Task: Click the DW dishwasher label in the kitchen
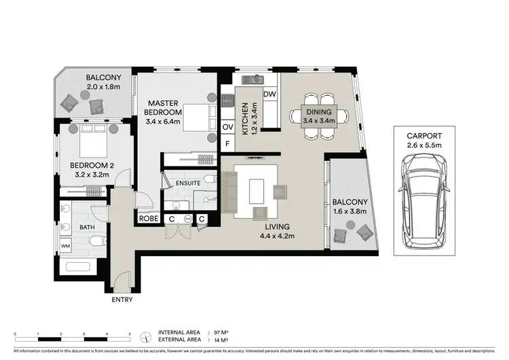269,94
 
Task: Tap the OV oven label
228,126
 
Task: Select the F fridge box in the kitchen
228,143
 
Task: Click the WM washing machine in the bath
66,244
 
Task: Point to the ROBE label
149,219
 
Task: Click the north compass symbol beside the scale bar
144,336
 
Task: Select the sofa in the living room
230,192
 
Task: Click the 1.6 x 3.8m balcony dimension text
350,211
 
